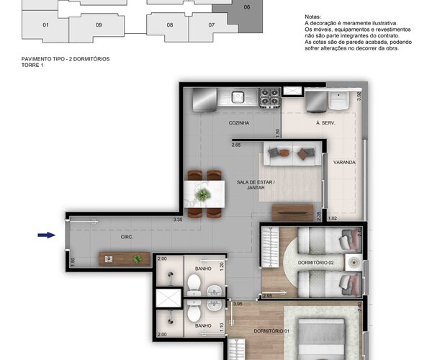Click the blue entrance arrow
click(x=46, y=234)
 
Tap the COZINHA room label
click(x=239, y=123)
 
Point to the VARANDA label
click(x=344, y=162)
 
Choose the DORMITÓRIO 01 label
click(x=271, y=331)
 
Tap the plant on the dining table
click(x=204, y=194)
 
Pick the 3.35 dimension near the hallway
click(x=177, y=220)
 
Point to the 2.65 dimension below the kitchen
click(x=236, y=145)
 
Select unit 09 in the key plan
click(x=99, y=24)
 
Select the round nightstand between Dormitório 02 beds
click(x=352, y=261)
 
